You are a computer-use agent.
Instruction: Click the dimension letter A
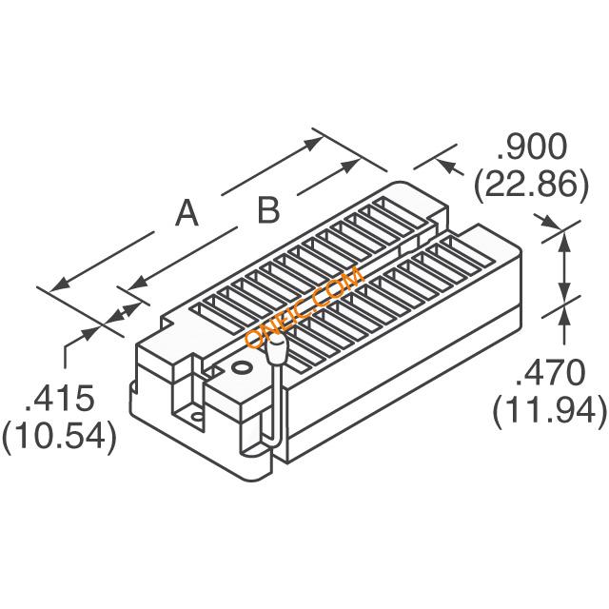tap(187, 212)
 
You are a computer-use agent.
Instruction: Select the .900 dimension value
tap(532, 147)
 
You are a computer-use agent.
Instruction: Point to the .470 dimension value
tap(550, 372)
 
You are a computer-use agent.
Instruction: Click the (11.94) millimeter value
tap(550, 410)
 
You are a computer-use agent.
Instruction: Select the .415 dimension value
tap(59, 398)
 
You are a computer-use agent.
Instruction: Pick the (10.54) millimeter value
tap(59, 436)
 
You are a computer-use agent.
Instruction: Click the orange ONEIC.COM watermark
tap(304, 306)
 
